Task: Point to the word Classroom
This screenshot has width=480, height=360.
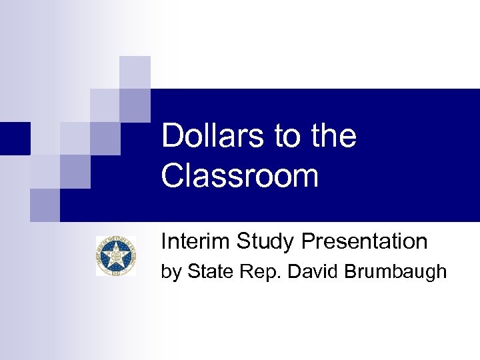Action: (x=240, y=176)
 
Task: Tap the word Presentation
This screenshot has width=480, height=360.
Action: (x=364, y=241)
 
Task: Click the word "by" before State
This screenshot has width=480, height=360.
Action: (x=171, y=273)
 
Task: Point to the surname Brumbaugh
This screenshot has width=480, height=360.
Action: (x=395, y=273)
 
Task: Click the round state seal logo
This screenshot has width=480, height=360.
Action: (x=115, y=256)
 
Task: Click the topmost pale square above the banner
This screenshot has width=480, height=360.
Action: (x=135, y=71)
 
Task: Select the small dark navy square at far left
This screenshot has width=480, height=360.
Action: (x=15, y=138)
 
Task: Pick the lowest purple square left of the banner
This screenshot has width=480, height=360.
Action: (x=45, y=205)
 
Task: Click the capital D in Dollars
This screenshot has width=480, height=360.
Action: (x=171, y=136)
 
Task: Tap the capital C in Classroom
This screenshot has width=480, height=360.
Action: (x=173, y=176)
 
